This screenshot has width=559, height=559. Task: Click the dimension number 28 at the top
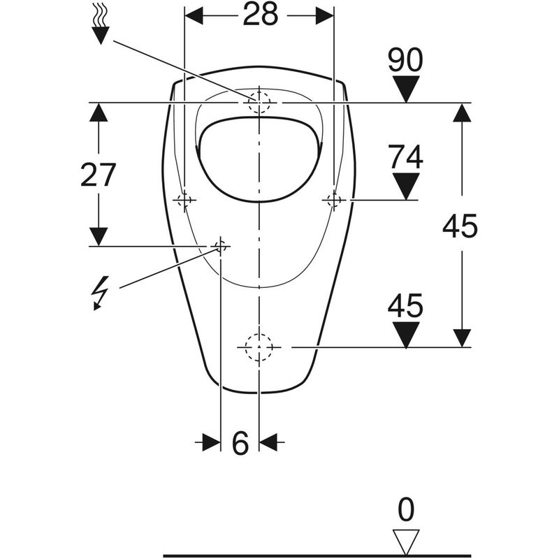pos(260,15)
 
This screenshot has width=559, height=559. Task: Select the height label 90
pos(405,61)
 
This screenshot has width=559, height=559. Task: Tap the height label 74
pos(405,157)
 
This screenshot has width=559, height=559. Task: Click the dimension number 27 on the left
pos(98,175)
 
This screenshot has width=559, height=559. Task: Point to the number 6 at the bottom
pos(240,443)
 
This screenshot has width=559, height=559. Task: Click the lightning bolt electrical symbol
pos(101,292)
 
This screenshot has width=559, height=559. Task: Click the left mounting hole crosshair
pos(184,201)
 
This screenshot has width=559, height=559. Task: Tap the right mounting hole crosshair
pos(333,201)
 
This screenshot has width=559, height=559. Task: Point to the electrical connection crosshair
pos(221,245)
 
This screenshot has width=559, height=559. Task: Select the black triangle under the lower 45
pos(405,334)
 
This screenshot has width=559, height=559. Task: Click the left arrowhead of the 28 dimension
pos(194,15)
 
